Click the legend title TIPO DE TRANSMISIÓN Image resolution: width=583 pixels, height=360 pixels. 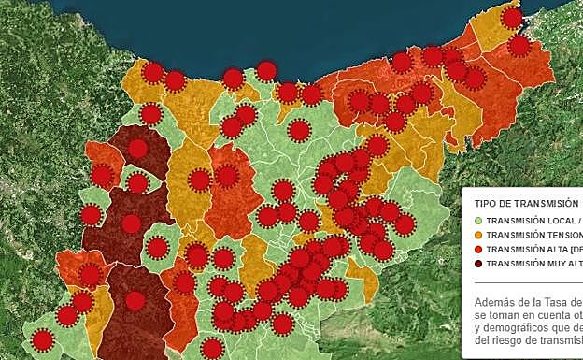point(526,203)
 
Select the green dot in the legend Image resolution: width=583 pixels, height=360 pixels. point(478,220)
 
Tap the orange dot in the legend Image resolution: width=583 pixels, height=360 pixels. point(478,235)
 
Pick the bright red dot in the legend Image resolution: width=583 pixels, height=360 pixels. point(478,250)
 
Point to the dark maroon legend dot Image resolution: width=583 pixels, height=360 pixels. point(478,265)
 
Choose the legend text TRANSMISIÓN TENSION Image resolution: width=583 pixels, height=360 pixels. point(533,235)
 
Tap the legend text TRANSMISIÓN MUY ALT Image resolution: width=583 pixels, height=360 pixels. point(533,265)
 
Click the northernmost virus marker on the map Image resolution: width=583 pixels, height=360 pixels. point(511,18)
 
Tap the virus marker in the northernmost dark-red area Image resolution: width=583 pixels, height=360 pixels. point(138,149)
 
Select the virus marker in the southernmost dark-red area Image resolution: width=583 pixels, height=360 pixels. point(135,301)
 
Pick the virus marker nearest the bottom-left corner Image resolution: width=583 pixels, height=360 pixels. point(42,339)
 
